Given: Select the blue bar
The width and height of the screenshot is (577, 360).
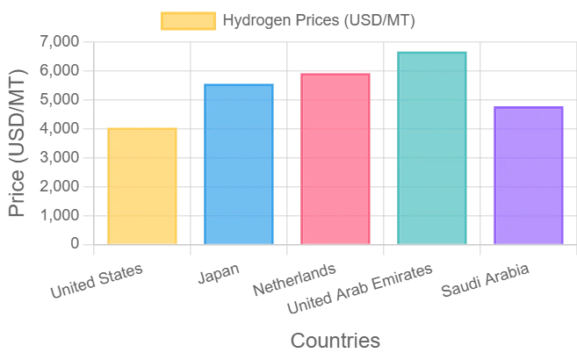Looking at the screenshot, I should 239,162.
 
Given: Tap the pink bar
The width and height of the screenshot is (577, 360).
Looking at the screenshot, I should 335,158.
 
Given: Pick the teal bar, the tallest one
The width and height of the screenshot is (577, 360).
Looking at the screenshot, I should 431,148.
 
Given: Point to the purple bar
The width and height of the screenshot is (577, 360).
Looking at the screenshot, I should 528,175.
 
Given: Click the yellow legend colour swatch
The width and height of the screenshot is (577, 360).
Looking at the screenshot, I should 186,20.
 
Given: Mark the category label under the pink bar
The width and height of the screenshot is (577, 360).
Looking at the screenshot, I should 294,280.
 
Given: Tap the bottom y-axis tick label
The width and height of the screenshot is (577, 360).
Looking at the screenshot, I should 77,243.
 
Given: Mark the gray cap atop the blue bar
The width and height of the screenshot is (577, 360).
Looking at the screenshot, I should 239,79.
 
